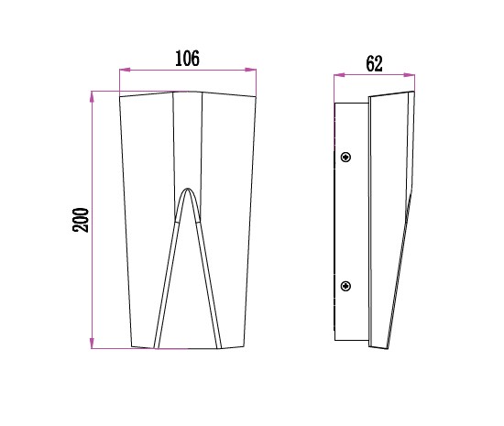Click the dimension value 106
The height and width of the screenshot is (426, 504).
(187, 60)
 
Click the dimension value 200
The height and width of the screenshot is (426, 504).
(81, 220)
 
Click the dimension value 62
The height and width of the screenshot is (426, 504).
(373, 64)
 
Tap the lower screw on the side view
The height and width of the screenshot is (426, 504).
(345, 287)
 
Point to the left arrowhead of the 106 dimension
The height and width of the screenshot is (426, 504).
(124, 70)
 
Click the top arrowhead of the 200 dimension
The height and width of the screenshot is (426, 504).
(93, 93)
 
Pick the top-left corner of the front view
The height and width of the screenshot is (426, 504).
(121, 96)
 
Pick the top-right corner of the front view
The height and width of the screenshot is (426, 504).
(256, 96)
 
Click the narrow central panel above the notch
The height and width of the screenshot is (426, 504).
(188, 137)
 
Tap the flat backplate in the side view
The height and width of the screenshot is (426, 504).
(352, 220)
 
